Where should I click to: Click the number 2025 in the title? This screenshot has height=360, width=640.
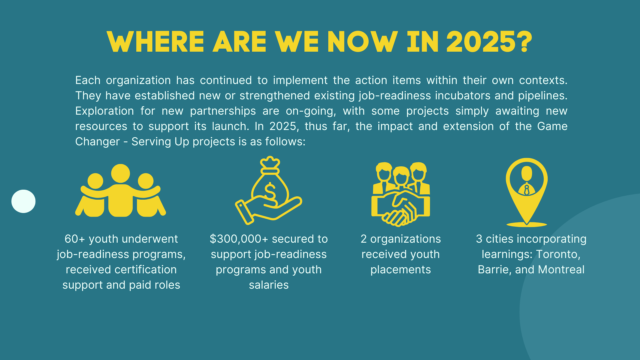tap(482, 42)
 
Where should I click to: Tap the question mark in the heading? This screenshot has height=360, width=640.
tap(525, 42)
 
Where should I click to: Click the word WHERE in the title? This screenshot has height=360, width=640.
tap(155, 42)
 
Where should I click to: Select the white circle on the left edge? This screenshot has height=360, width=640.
tap(23, 201)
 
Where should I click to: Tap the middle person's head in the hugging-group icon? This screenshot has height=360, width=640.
tap(120, 173)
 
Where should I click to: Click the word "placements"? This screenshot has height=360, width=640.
tap(401, 270)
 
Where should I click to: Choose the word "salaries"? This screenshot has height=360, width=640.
tap(269, 285)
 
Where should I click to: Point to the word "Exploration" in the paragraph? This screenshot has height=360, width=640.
tap(104, 111)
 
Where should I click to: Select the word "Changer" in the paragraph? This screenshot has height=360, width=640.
tap(97, 142)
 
